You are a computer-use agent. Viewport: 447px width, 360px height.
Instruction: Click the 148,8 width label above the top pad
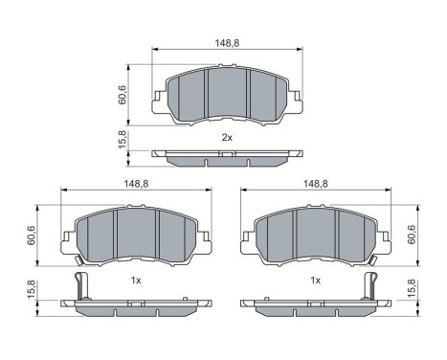(x=227, y=43)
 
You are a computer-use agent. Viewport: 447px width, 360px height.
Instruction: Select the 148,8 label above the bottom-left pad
(x=136, y=184)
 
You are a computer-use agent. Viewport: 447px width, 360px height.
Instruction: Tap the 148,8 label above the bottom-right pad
(x=316, y=184)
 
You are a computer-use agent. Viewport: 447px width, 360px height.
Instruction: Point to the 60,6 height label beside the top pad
(x=123, y=95)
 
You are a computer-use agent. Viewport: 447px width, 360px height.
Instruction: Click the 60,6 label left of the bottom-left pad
(x=32, y=236)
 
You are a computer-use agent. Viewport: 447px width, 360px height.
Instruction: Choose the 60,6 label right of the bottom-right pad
(x=412, y=235)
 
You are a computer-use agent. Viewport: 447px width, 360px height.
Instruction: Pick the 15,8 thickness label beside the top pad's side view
(x=123, y=140)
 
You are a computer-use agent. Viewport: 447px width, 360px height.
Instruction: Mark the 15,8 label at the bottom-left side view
(x=32, y=289)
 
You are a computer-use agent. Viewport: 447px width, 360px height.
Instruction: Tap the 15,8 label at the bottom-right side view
(x=412, y=289)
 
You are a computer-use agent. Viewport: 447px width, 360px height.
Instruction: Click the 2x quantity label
(x=227, y=138)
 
